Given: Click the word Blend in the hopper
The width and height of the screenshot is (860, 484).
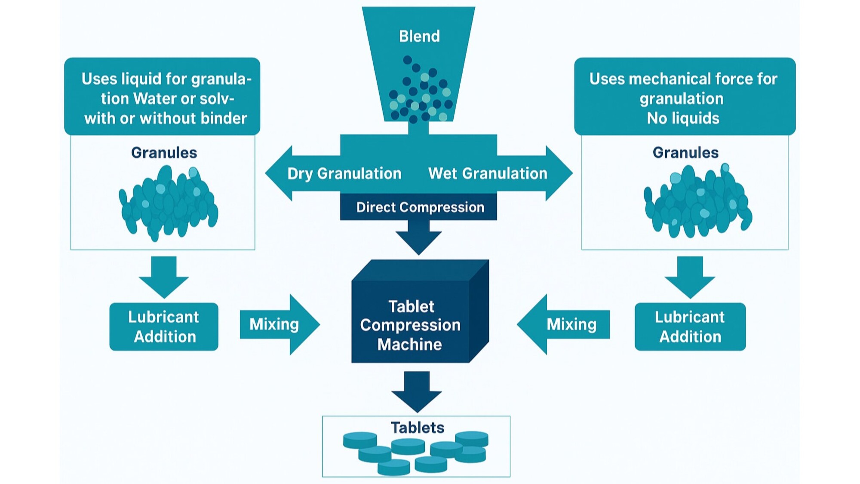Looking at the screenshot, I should coord(419,36).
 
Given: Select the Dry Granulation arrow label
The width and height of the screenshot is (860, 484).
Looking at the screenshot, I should coord(344,173).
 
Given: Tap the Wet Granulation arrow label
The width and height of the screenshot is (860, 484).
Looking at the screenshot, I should coord(488,173).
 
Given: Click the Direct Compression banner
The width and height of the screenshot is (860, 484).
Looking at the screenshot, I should coord(420,207).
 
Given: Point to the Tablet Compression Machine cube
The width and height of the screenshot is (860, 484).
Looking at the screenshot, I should coord(411,325).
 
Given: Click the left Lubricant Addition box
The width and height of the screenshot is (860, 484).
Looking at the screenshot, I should coord(164,327).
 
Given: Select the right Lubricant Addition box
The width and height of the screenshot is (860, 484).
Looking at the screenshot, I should coord(690,327).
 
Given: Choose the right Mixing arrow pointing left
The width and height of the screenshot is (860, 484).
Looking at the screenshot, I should coord(568,324).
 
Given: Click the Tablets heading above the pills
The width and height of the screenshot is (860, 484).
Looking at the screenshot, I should coord(417,428).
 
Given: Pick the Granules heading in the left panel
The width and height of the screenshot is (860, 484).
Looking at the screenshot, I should coord(164,153).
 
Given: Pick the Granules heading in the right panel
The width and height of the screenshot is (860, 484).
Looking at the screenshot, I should coord(685,153).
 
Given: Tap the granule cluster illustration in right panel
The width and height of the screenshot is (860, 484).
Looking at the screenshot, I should coord(697,202).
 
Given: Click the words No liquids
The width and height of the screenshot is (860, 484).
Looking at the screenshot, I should coord(683,118).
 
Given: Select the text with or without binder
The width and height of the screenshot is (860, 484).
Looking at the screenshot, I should coord(166,118).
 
